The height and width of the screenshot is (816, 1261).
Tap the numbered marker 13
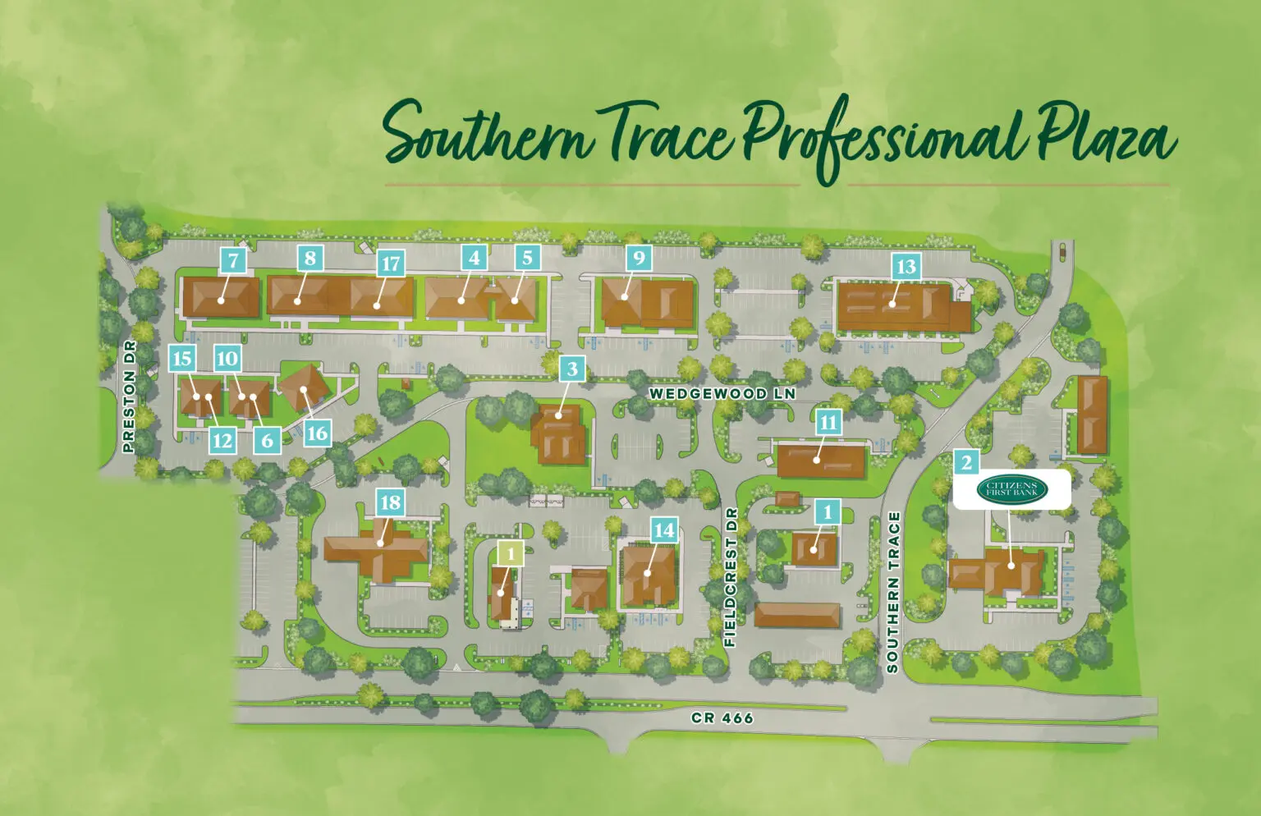tap(906, 267)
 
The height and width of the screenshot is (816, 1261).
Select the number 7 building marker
tap(234, 261)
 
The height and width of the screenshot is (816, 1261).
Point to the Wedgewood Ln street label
tap(722, 394)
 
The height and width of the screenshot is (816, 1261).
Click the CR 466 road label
tap(722, 718)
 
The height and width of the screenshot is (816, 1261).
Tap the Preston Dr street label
tap(128, 397)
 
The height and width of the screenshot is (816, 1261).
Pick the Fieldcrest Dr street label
tap(731, 577)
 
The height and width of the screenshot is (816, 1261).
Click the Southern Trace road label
tap(893, 592)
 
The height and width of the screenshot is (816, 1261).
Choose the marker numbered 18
tap(390, 502)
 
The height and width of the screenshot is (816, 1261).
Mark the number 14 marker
tap(663, 530)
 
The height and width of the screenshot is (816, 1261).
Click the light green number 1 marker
tap(511, 554)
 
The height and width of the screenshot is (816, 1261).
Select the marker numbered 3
tap(572, 369)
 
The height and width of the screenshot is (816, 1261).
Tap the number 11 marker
tap(828, 423)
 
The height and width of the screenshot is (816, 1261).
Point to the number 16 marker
tap(317, 433)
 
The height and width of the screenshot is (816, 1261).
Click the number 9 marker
tap(639, 259)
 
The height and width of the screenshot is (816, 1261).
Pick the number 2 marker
tap(966, 463)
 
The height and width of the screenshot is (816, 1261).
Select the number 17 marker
tap(391, 264)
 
